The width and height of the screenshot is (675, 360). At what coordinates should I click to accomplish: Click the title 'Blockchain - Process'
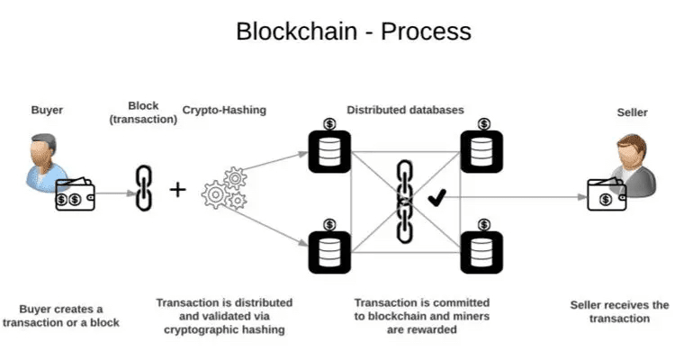tap(353, 31)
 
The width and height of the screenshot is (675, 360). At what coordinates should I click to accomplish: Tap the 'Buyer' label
tap(46, 112)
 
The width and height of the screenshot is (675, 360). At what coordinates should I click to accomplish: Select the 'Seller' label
tap(631, 112)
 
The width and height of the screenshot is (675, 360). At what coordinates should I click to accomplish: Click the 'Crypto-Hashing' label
tap(224, 111)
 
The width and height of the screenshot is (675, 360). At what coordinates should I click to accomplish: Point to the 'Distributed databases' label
tap(406, 111)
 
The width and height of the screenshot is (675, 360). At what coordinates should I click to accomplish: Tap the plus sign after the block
tap(178, 190)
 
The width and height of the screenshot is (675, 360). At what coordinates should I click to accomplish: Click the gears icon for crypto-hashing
tap(224, 189)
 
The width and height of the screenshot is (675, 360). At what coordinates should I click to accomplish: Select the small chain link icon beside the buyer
tap(143, 189)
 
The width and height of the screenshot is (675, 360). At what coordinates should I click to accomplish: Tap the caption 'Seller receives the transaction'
tap(619, 311)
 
